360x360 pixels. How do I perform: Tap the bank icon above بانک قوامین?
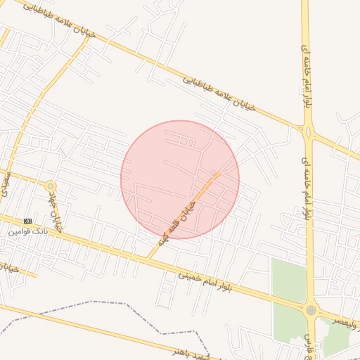click(x=28, y=221)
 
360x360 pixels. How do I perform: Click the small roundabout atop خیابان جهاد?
click(x=50, y=186)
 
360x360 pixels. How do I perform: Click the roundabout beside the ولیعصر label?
click(x=311, y=309)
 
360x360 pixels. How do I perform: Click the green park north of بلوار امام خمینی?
click(x=288, y=281)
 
